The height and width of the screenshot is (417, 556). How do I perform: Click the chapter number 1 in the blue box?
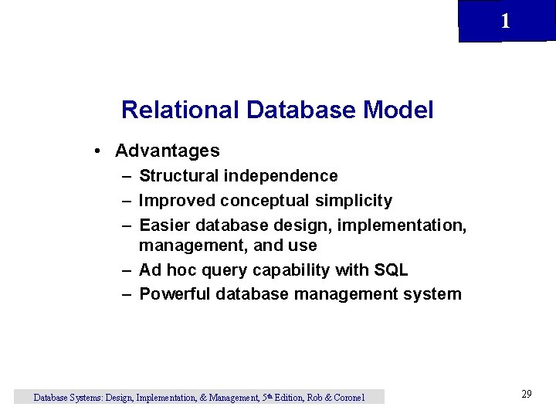[x=505, y=22]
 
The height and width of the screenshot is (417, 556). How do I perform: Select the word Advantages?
[x=167, y=151]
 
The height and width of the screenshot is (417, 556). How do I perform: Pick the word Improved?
[x=177, y=201]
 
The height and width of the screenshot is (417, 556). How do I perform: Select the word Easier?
[x=165, y=225]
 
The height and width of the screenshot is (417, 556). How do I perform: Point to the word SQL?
[x=392, y=270]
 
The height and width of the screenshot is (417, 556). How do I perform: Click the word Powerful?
[x=175, y=294]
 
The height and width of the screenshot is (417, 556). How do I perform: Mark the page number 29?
[x=526, y=394]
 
